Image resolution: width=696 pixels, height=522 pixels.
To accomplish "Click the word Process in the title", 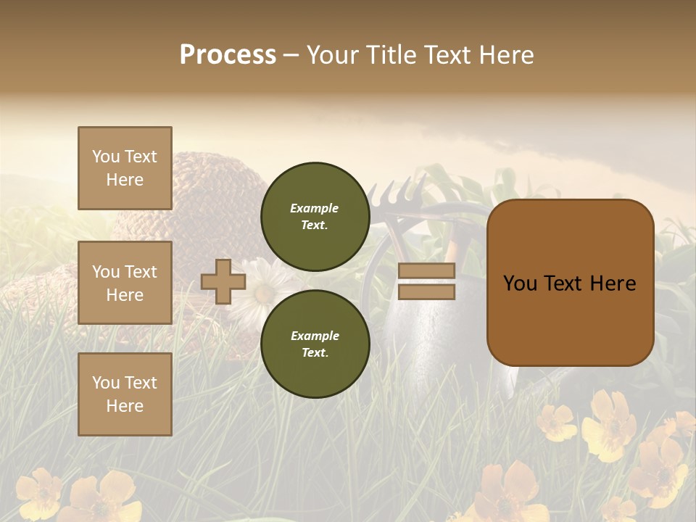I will (x=228, y=55).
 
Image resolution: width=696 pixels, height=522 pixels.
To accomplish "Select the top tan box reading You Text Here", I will (x=125, y=168).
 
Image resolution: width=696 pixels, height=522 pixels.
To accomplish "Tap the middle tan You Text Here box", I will (x=125, y=283).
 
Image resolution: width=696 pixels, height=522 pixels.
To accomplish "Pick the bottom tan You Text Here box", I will (x=125, y=394).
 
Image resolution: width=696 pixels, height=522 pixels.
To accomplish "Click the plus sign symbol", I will (x=223, y=282).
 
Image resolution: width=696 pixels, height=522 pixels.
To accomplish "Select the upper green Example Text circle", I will (x=315, y=216).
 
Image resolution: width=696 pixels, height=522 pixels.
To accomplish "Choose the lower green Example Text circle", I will (x=315, y=344).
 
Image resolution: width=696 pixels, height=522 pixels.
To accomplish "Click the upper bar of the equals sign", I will (x=426, y=270).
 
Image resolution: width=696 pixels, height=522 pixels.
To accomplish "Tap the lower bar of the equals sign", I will (x=426, y=292).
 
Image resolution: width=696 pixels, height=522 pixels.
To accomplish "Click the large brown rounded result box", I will (x=570, y=283).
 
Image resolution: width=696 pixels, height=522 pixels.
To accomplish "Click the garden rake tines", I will (x=402, y=193).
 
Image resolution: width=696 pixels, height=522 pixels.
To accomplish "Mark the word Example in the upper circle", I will (x=315, y=208).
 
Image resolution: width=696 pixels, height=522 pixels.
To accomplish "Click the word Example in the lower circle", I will (x=315, y=336).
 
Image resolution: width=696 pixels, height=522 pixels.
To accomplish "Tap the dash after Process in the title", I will (x=291, y=56).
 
